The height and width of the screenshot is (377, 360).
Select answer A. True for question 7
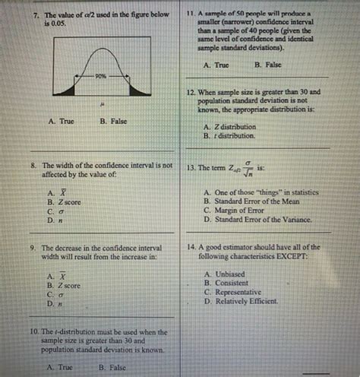click(x=61, y=121)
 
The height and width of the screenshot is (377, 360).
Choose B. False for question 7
click(x=113, y=121)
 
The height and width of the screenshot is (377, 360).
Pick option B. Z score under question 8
click(x=63, y=202)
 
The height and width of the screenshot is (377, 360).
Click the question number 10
click(x=34, y=332)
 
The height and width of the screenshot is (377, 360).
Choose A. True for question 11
click(x=216, y=66)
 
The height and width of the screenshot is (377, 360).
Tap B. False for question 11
click(x=267, y=66)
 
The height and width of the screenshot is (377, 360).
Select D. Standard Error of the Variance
click(x=257, y=219)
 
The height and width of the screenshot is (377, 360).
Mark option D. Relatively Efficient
click(x=241, y=301)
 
